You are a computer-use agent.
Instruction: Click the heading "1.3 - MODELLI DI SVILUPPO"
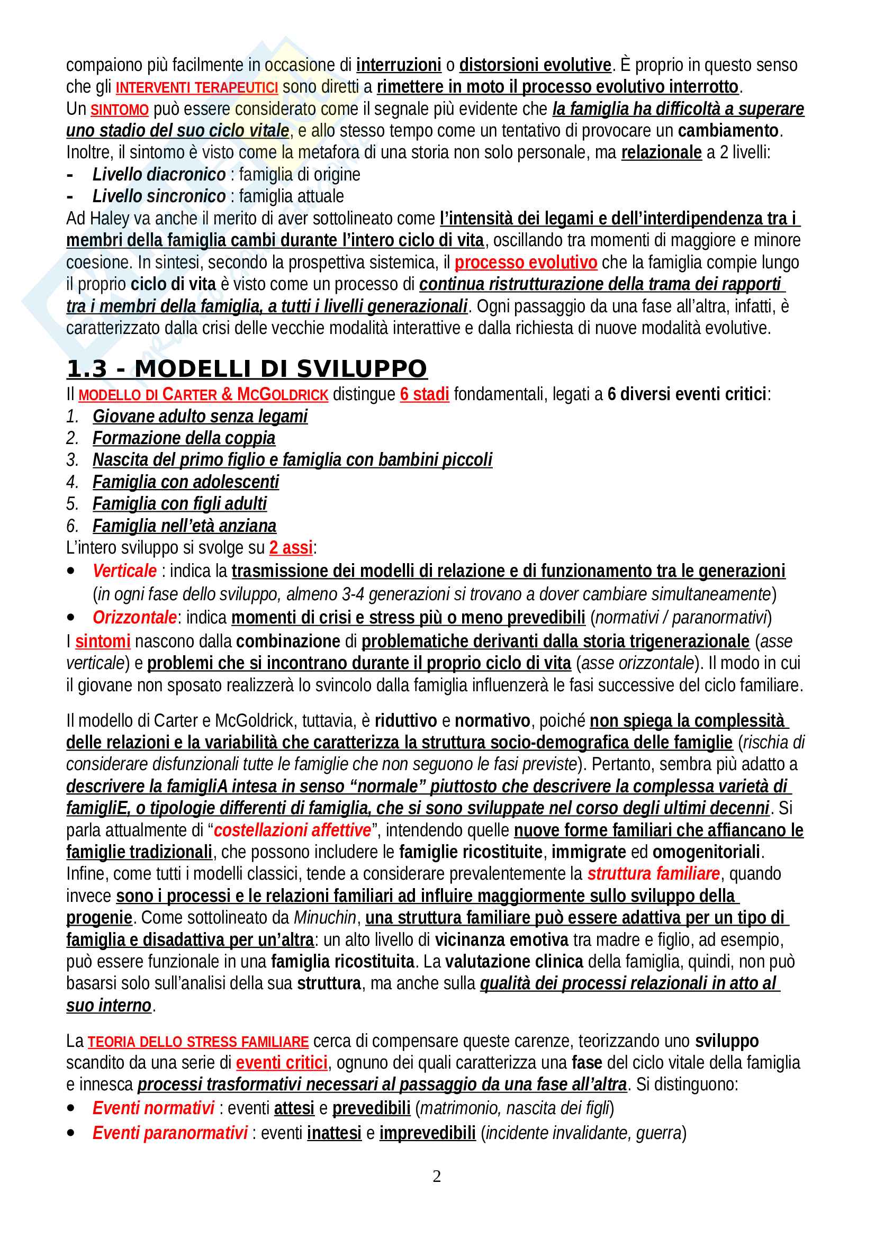coord(246,369)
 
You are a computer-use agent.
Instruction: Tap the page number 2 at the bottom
coord(437,1176)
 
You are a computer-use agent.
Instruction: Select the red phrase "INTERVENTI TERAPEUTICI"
coord(197,87)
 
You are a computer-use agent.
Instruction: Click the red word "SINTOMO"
coord(119,110)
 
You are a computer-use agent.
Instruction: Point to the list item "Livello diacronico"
coord(159,175)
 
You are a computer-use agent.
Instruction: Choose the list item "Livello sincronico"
coord(159,196)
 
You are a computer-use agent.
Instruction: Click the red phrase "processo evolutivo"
coord(526,263)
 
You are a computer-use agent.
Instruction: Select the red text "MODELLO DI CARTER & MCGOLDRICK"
coord(203,395)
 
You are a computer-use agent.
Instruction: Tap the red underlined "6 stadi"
coord(425,395)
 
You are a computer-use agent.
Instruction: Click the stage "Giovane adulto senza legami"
coord(200,416)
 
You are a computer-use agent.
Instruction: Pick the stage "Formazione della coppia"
coord(184,438)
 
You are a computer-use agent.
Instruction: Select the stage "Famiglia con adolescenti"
coord(185,482)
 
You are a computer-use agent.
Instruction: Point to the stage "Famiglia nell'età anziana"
coord(184,526)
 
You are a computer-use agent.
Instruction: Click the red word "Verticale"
coord(124,571)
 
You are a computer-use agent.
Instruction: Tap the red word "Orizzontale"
coord(134,617)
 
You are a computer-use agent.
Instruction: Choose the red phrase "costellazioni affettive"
coord(293,830)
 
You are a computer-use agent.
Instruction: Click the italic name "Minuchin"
coord(325,918)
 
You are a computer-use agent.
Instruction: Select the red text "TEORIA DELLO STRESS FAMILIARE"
coord(198,1042)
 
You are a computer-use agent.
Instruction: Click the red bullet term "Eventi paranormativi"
coord(170,1133)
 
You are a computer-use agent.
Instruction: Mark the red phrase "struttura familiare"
coord(653,873)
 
